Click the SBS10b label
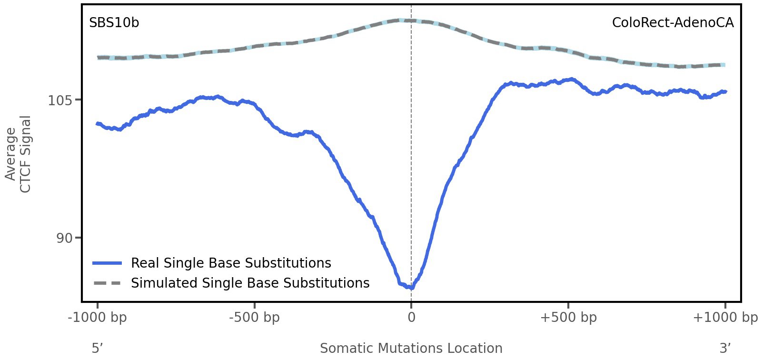pyautogui.click(x=114, y=23)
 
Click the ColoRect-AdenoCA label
pyautogui.click(x=673, y=23)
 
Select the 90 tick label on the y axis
pyautogui.click(x=64, y=238)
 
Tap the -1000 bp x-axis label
pyautogui.click(x=98, y=318)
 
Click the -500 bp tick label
pyautogui.click(x=254, y=318)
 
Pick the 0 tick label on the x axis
pyautogui.click(x=411, y=318)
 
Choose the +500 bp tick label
pyautogui.click(x=568, y=318)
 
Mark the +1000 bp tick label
pyautogui.click(x=725, y=318)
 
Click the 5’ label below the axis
pyautogui.click(x=98, y=348)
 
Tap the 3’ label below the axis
pyautogui.click(x=725, y=348)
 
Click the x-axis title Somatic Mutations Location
pyautogui.click(x=411, y=348)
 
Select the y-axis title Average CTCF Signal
pyautogui.click(x=19, y=154)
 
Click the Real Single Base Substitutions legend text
pyautogui.click(x=231, y=263)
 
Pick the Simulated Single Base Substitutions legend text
pyautogui.click(x=250, y=283)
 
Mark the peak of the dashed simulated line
pyautogui.click(x=402, y=20)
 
